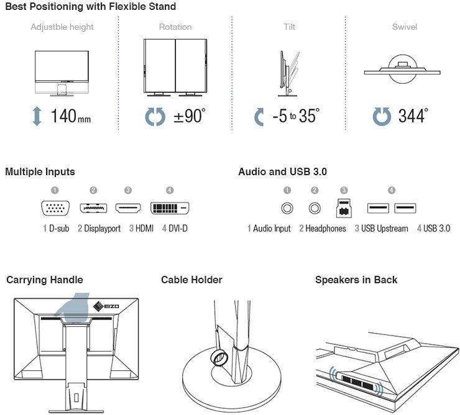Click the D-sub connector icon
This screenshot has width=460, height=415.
click(55, 209)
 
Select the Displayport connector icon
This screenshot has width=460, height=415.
click(93, 209)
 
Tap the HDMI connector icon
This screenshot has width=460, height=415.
click(127, 209)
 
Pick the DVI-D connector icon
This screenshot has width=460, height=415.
click(170, 209)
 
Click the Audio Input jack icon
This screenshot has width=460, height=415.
click(287, 209)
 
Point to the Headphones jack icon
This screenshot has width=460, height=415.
click(315, 209)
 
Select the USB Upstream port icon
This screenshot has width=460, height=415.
click(343, 208)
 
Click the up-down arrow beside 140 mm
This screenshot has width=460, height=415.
click(37, 116)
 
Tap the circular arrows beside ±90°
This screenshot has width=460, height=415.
click(155, 116)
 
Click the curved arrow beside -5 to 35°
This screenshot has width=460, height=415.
click(260, 116)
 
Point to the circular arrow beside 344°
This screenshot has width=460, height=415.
click(382, 116)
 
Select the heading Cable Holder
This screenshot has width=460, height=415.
click(191, 280)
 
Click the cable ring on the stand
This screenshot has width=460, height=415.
click(219, 357)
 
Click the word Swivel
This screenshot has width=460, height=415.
click(404, 27)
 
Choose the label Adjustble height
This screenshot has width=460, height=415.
click(62, 27)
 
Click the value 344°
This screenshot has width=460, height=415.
click(413, 116)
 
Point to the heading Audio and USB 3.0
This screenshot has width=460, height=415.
click(282, 171)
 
